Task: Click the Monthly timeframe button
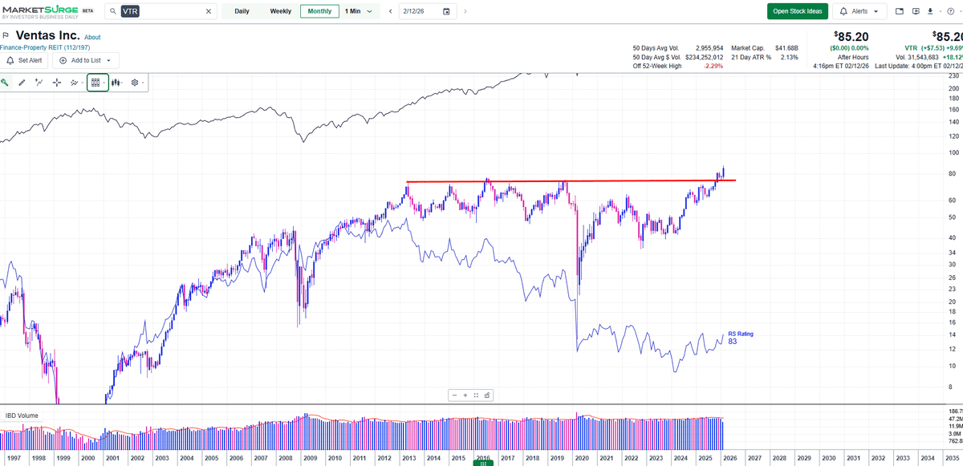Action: click(319, 11)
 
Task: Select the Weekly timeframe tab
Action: click(281, 11)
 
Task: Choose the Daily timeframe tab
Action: click(242, 11)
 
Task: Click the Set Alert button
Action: click(24, 60)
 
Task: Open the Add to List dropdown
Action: click(85, 60)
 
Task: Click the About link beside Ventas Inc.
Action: click(93, 37)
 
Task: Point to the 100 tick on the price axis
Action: click(953, 152)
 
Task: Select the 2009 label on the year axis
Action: click(311, 458)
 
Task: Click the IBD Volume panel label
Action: click(22, 415)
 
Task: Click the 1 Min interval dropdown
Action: click(358, 11)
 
